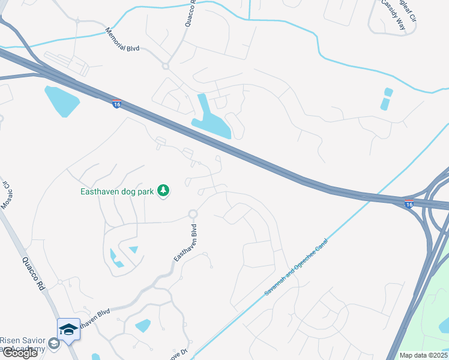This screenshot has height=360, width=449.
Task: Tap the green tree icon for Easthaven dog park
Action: pos(163,191)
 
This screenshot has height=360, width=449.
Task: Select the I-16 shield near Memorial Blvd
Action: pos(116,104)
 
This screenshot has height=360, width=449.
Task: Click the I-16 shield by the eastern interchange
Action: pos(409,204)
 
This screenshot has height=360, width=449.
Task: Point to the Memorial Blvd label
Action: pos(122,40)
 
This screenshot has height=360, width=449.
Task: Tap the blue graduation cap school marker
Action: pos(68,329)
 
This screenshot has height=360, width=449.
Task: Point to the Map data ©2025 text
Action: pos(423,355)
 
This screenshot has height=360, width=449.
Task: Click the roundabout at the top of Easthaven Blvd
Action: pos(193,214)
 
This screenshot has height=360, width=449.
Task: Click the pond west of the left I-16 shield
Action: pos(61,101)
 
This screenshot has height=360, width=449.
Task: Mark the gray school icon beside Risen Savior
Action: pos(54,343)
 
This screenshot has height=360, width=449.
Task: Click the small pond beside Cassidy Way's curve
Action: pos(386,100)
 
